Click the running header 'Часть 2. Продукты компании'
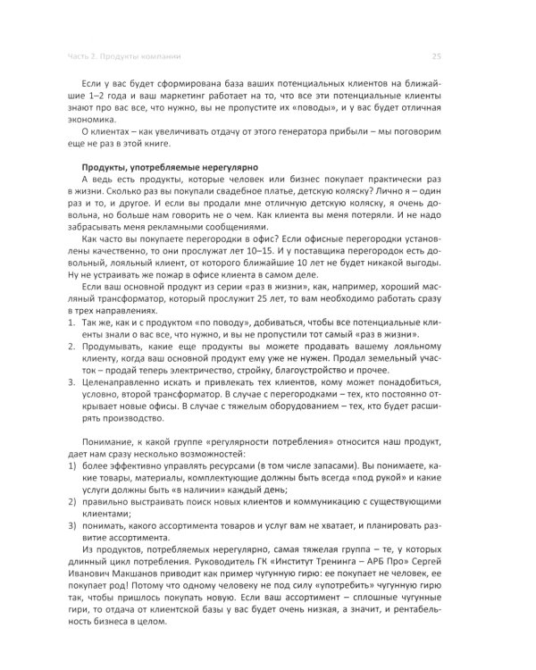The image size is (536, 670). (x=133, y=55)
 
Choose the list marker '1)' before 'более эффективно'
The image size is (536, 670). (x=74, y=466)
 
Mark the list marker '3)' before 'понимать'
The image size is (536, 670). (x=74, y=526)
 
